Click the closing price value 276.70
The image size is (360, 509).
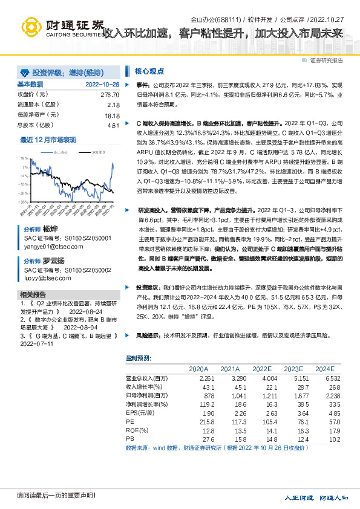tap(110, 95)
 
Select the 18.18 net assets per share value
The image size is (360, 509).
tap(113, 115)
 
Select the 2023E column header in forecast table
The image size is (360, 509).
tap(293, 368)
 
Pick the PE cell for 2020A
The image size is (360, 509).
tap(199, 421)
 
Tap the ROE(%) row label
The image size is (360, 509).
tap(137, 430)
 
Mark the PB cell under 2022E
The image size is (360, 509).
tap(262, 439)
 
